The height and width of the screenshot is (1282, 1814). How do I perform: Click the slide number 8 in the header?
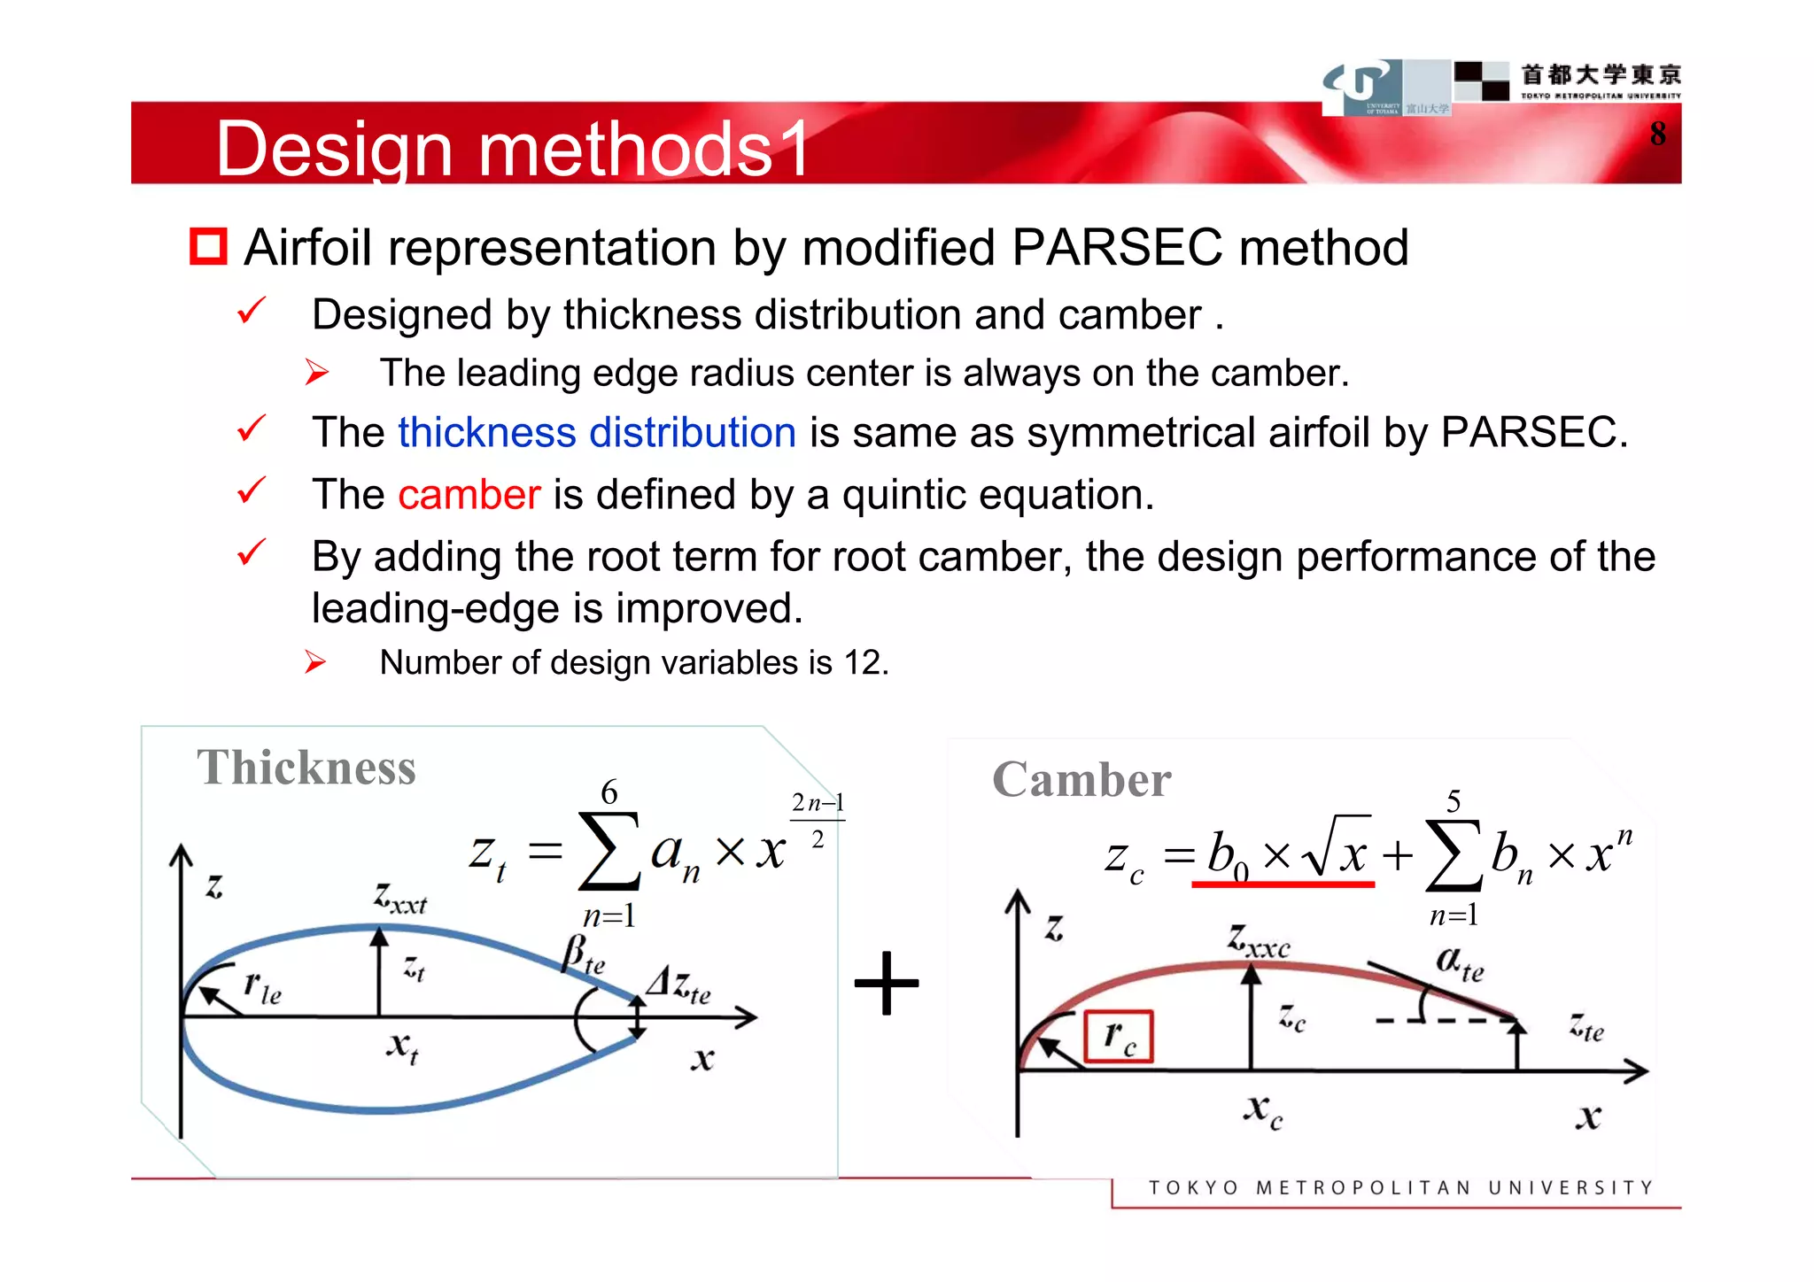[x=1657, y=134]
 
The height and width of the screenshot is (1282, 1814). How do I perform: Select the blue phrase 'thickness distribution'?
[x=597, y=433]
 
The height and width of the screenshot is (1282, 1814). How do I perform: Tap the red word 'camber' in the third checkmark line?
[x=469, y=494]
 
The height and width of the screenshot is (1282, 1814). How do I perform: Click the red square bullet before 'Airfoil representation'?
[x=209, y=246]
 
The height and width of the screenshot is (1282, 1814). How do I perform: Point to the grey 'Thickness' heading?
[x=306, y=767]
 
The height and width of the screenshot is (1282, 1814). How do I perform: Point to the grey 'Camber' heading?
[x=1081, y=780]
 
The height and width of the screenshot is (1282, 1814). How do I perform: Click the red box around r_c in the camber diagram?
[x=1118, y=1036]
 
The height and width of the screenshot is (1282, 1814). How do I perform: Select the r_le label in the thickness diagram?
[x=261, y=986]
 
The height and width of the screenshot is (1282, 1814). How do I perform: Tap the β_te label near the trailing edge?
[x=583, y=954]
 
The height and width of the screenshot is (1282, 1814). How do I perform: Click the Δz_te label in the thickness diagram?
[x=678, y=985]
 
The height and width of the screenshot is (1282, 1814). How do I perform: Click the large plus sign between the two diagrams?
[x=887, y=983]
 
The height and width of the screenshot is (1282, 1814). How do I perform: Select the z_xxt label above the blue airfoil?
[x=399, y=898]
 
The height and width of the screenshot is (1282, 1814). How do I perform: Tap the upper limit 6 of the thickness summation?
[x=609, y=792]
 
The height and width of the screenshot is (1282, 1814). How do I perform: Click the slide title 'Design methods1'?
[x=512, y=148]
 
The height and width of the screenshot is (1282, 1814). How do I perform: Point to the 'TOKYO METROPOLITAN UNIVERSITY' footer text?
[x=1400, y=1187]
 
